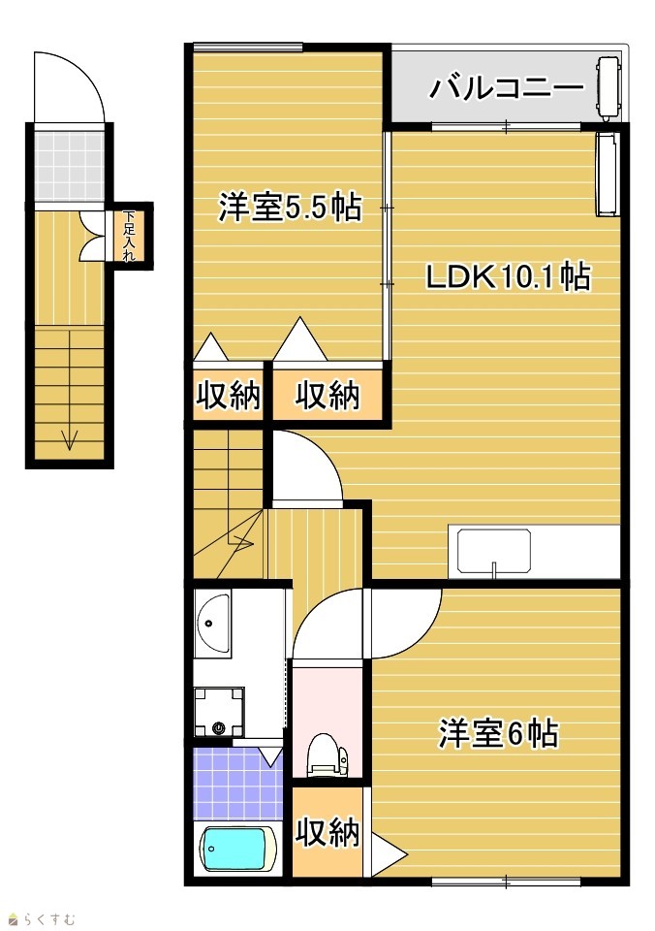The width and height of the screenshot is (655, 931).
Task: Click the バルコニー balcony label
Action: click(x=506, y=88)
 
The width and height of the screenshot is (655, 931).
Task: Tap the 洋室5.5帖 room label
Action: click(x=290, y=208)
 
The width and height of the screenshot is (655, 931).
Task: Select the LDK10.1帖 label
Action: click(x=509, y=276)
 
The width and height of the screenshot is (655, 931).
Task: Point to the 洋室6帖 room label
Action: click(x=498, y=733)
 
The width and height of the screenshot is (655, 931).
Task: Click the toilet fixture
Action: click(x=327, y=754)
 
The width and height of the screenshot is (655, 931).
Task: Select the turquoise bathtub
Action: click(x=236, y=850)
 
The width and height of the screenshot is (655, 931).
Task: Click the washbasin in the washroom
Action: click(x=212, y=626)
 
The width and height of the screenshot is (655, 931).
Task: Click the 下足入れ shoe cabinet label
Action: click(x=129, y=236)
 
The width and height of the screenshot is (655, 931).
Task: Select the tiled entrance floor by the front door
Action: click(x=69, y=167)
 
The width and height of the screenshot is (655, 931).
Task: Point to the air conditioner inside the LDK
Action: click(x=608, y=174)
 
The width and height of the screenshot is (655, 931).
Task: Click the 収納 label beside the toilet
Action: click(x=328, y=831)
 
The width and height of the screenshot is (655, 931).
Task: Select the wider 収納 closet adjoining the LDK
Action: click(x=327, y=394)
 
